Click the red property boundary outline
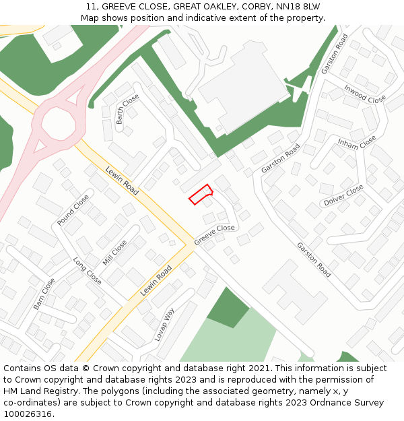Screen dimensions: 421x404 (201, 194)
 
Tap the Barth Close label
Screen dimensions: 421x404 (127, 109)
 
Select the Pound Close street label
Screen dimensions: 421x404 (73, 210)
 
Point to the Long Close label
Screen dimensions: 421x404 (87, 270)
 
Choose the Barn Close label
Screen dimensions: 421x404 (44, 294)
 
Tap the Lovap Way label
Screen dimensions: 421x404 (164, 325)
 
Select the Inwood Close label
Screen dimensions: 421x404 (365, 94)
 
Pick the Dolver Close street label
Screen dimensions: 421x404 (343, 195)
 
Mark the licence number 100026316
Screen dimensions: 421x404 (27, 414)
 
